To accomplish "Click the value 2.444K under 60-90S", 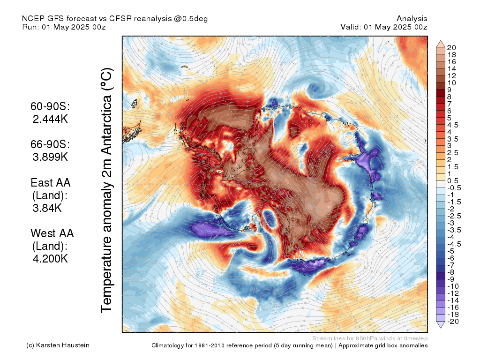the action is [50, 119].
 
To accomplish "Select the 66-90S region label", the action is [50, 144].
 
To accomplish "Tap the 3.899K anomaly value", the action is [50, 157].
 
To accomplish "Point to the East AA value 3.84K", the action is [47, 208].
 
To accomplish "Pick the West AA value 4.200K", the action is [50, 259].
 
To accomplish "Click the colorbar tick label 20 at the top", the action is [451, 48].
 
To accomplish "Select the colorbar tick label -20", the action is [453, 322].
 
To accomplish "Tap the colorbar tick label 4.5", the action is [453, 125].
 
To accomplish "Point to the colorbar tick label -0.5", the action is [454, 188].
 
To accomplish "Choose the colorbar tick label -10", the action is [453, 286].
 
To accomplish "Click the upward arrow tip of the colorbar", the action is [441, 40].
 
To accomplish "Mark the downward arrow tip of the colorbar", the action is [441, 328].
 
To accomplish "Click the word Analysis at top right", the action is [412, 19].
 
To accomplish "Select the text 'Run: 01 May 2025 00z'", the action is [64, 27].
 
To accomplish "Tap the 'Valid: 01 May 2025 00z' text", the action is [384, 27].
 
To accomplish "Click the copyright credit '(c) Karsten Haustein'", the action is [58, 345].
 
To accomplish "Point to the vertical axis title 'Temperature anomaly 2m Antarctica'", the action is [107, 190].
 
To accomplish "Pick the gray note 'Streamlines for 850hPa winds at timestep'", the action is [370, 338].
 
